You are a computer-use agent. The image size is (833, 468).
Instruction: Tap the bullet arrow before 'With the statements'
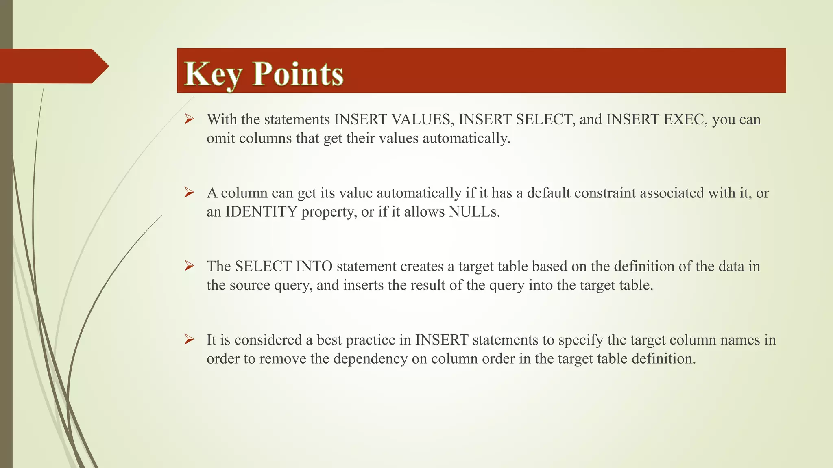[189, 119]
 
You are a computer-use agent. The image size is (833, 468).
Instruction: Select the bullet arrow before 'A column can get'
[189, 193]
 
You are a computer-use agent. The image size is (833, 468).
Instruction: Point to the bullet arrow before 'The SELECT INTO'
[189, 266]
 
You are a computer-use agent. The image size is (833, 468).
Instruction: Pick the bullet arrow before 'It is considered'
[189, 339]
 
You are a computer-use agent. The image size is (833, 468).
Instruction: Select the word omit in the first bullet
[221, 138]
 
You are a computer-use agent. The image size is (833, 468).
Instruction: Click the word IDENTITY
[261, 212]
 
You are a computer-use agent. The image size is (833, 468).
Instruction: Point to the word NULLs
[474, 212]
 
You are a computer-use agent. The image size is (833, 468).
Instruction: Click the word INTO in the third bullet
[314, 266]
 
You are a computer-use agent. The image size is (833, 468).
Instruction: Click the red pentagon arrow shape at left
[53, 66]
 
